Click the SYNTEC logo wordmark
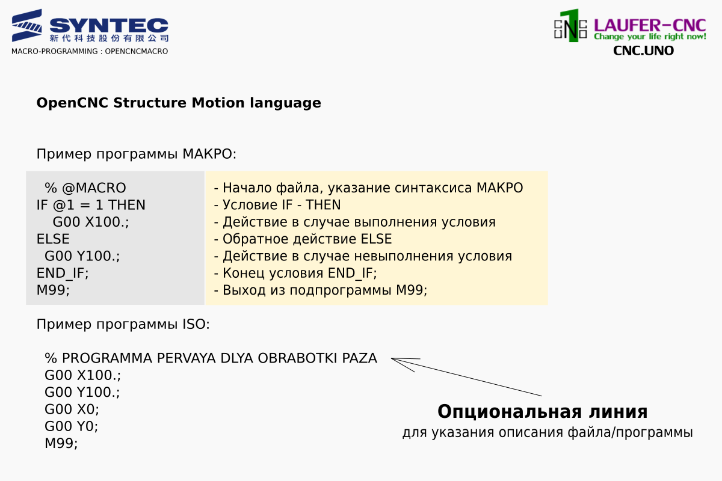[109, 25]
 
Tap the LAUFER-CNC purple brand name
[650, 25]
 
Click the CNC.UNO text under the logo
[643, 51]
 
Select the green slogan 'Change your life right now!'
[650, 37]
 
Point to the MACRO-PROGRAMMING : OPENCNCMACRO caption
[90, 51]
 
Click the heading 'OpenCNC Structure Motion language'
[179, 103]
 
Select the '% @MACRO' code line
[85, 188]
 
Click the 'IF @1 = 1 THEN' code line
[91, 205]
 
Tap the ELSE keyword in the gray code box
[53, 239]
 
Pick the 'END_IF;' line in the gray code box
[62, 273]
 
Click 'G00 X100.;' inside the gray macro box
[91, 222]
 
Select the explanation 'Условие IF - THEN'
[277, 205]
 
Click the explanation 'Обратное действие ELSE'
[303, 239]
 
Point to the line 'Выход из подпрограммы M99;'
[320, 290]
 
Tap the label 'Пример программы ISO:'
[123, 324]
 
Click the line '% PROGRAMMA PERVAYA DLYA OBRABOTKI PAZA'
[211, 358]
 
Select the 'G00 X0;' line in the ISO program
[72, 409]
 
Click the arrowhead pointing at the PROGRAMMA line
[392, 358]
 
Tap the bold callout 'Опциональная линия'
[543, 411]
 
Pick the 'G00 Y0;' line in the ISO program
[71, 426]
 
